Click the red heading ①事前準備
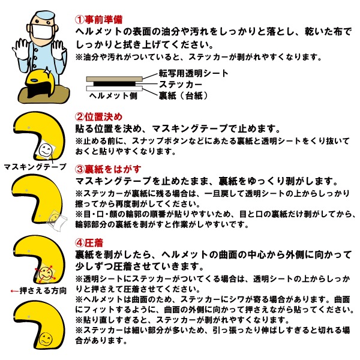[x=99, y=20]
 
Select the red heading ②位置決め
[x=99, y=117]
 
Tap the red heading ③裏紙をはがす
[x=108, y=169]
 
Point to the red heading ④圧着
[x=89, y=242]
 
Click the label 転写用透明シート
[x=194, y=73]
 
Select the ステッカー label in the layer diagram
[x=181, y=85]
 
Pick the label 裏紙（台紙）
[x=183, y=95]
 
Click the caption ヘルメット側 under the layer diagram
[x=113, y=95]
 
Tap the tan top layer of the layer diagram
[x=115, y=79]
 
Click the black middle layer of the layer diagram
[x=115, y=84]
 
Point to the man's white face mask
[x=42, y=31]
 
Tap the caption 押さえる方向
[x=43, y=290]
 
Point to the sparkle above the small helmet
[x=47, y=71]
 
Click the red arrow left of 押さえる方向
[x=14, y=291]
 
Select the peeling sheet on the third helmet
[x=56, y=220]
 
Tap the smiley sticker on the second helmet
[x=46, y=149]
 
